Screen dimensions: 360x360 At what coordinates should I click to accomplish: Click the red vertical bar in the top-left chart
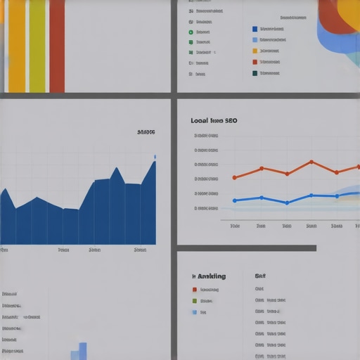[57, 46]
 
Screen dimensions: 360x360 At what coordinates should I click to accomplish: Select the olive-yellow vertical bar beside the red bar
[37, 46]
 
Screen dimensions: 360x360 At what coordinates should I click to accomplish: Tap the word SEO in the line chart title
[230, 121]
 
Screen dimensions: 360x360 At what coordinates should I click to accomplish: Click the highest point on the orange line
[311, 162]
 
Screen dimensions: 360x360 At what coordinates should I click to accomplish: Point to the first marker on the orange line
[234, 177]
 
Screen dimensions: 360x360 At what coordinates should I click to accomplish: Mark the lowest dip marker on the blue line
[287, 202]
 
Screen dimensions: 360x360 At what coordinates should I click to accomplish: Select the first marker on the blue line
[234, 200]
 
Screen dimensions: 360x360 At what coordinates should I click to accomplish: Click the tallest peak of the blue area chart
[154, 162]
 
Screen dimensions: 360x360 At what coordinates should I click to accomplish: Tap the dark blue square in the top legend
[255, 30]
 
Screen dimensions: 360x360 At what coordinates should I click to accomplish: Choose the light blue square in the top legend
[255, 40]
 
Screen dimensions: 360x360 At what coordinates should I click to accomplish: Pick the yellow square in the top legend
[255, 51]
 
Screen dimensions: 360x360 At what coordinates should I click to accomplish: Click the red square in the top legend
[255, 62]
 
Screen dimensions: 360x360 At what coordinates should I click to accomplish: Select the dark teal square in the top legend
[255, 72]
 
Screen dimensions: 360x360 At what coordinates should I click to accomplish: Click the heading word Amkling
[210, 276]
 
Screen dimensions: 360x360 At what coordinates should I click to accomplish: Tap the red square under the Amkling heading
[195, 289]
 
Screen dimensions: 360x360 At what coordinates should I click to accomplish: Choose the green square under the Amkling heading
[195, 300]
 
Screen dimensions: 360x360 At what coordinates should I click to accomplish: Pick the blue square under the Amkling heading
[195, 311]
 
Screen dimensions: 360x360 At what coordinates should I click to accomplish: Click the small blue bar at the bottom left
[82, 350]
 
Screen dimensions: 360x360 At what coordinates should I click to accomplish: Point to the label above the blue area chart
[146, 131]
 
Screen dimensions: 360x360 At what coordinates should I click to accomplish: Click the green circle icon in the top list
[191, 32]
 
